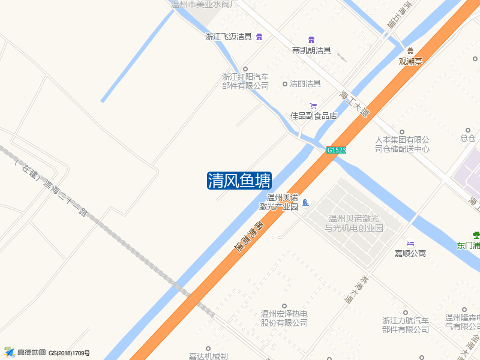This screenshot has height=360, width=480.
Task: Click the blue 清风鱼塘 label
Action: coord(239,181)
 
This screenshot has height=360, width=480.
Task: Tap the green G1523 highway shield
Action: coord(337,150)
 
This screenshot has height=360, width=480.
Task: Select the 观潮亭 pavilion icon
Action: coord(410,50)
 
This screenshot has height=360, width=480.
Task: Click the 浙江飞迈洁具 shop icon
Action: coord(259,37)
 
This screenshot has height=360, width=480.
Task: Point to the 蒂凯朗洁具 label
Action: coord(311,50)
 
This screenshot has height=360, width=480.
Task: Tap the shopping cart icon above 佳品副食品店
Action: coord(313,106)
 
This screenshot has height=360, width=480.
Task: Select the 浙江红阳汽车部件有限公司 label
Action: coord(245,82)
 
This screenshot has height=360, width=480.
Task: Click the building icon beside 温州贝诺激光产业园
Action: coord(305,203)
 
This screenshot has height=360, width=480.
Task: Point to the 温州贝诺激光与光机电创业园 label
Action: coord(354,223)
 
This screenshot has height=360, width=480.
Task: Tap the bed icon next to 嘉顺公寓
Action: coord(410,243)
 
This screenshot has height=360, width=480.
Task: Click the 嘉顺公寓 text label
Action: coord(410,253)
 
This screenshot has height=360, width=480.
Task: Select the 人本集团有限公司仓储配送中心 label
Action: coord(402,144)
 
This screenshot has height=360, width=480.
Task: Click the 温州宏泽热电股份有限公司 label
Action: coord(284,318)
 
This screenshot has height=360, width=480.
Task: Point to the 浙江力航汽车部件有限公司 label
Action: coord(406,325)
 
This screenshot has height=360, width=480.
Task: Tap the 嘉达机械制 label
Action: coord(208,356)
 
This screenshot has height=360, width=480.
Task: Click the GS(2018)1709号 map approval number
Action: coord(69,353)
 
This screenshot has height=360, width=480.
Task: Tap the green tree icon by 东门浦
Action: coord(476,235)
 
